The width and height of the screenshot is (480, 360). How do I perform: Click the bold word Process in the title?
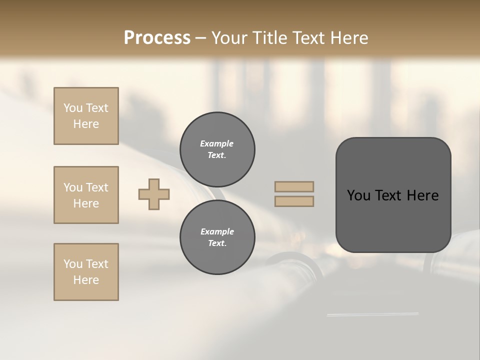point(157,38)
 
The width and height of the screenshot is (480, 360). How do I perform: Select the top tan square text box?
point(86,116)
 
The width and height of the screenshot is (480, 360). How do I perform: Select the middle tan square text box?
point(86,195)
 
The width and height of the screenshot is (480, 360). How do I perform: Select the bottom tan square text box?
point(86,272)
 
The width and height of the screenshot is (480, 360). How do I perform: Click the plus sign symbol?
point(154,194)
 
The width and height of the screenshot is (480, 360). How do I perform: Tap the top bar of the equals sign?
point(294,187)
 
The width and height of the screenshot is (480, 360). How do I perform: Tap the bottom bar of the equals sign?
point(294,201)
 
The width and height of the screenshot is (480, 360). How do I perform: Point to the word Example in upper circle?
point(217,143)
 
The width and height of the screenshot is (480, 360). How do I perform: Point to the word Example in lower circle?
point(217,231)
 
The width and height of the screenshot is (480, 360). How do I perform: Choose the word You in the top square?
point(72,108)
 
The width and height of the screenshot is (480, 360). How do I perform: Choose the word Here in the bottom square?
point(86,280)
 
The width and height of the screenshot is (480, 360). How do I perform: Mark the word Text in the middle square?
point(97,187)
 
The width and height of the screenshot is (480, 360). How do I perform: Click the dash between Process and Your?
point(201,38)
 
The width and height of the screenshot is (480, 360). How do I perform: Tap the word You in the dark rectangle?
point(358,195)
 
